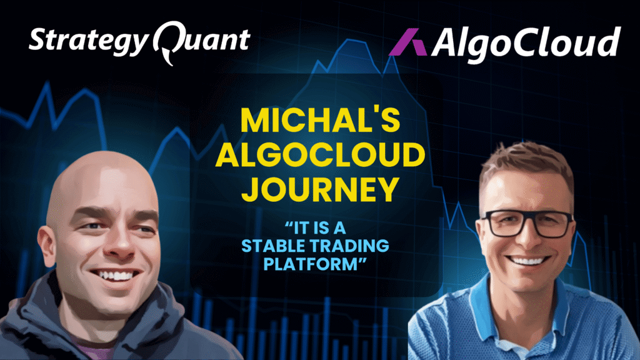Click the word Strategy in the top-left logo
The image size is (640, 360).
tap(88, 41)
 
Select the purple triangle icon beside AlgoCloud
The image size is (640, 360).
tap(407, 42)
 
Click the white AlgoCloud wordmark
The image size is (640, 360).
tap(526, 42)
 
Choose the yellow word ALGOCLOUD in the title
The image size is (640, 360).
tap(320, 155)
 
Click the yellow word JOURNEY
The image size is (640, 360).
tap(320, 189)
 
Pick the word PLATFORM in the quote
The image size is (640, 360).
tap(310, 264)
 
